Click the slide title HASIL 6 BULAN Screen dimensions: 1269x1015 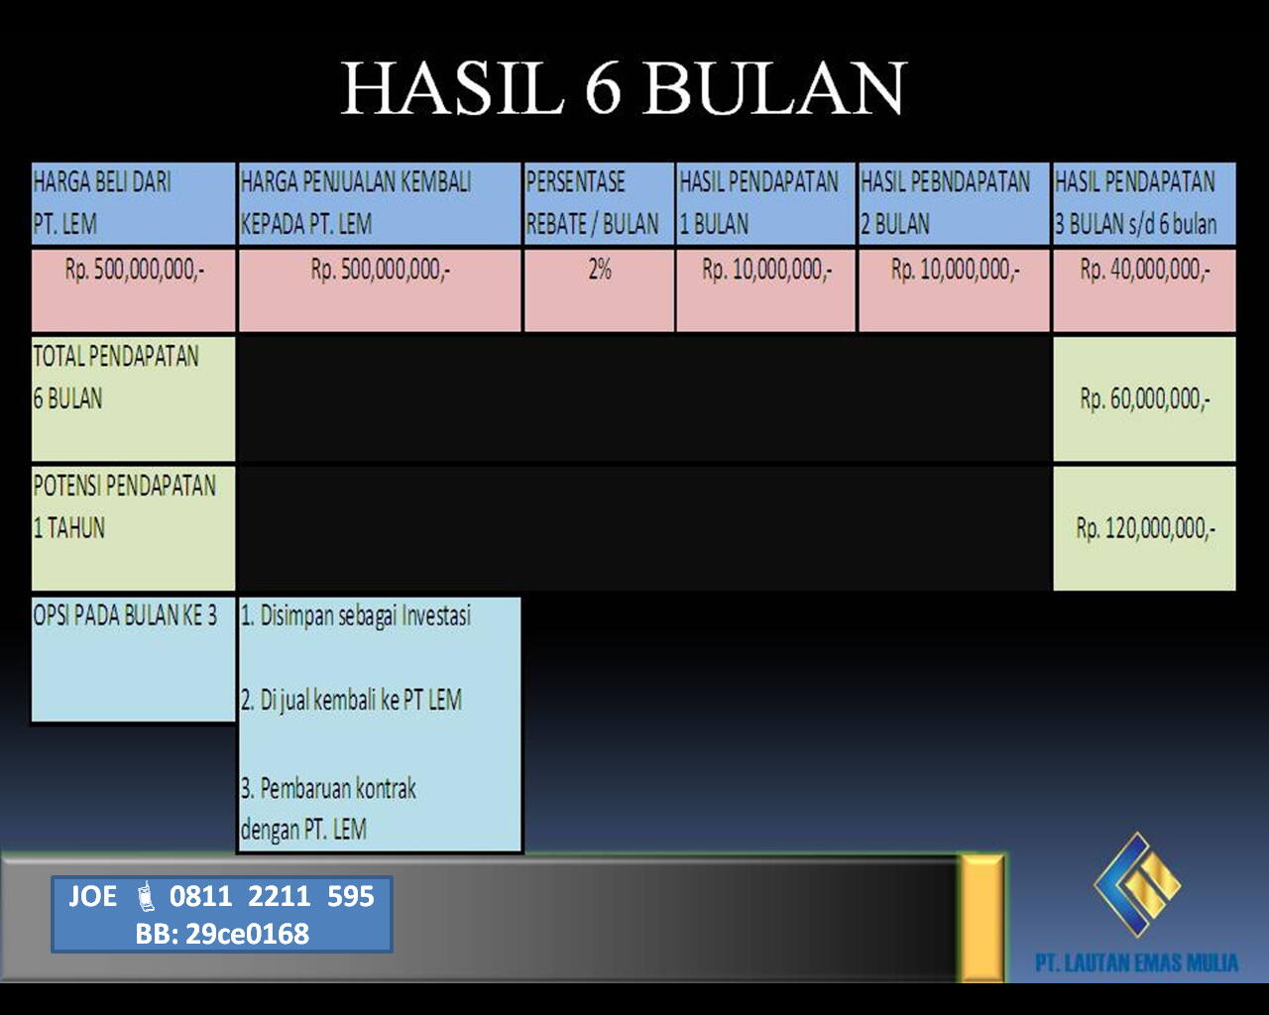623,88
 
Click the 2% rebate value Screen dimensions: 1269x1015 599,271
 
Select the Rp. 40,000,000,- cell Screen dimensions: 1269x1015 1144,271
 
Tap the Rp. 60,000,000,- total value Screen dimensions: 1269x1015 1144,399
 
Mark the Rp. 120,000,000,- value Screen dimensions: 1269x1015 1144,528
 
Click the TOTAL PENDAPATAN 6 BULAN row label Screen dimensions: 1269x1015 116,378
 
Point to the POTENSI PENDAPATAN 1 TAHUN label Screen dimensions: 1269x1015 125,507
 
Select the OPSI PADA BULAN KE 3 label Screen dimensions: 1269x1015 125,617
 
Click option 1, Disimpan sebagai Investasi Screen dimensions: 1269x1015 356,617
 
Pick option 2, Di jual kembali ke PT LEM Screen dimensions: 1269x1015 351,701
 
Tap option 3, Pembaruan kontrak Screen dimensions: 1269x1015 328,809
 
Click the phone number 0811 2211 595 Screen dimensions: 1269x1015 272,896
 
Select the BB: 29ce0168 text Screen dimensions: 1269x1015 222,934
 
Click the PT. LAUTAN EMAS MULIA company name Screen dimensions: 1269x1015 1136,963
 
